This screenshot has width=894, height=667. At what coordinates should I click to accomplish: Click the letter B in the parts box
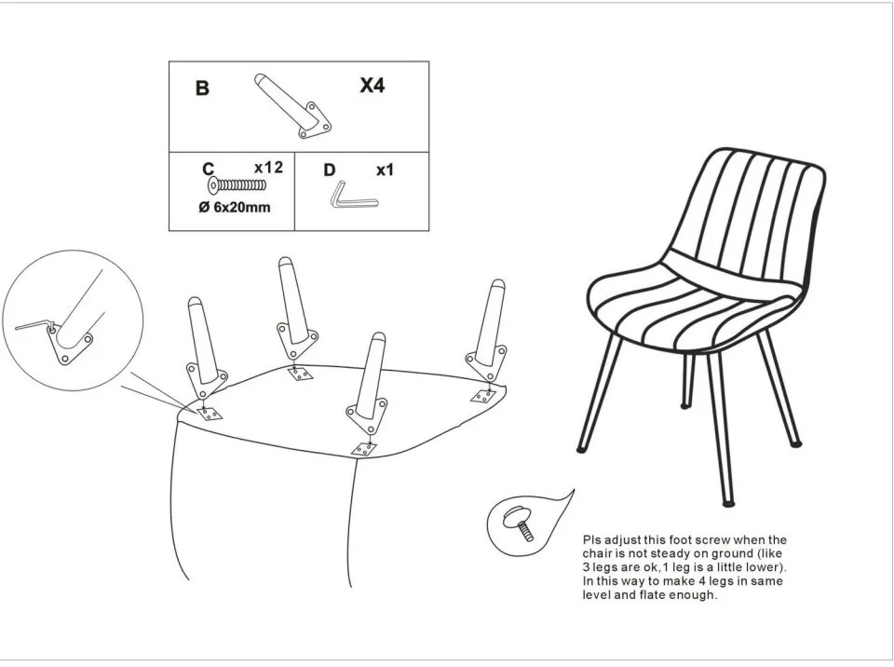click(x=202, y=88)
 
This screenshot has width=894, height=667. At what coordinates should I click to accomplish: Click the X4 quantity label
click(x=372, y=86)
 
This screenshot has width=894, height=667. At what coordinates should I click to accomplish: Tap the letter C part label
click(x=208, y=169)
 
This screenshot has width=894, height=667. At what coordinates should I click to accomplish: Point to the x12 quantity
click(x=268, y=167)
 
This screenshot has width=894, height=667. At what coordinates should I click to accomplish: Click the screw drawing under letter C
click(x=237, y=185)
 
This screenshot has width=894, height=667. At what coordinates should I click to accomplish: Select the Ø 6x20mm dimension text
click(x=235, y=207)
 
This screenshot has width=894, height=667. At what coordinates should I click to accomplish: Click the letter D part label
click(x=330, y=170)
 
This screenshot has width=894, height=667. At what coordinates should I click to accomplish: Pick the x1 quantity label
click(x=385, y=170)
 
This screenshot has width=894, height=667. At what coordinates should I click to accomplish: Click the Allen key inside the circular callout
click(x=35, y=325)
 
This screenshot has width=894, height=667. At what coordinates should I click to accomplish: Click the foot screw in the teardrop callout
click(x=519, y=523)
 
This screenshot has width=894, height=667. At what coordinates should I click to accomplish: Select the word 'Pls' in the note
click(x=592, y=539)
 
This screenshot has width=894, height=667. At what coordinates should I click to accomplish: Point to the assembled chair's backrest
click(x=748, y=217)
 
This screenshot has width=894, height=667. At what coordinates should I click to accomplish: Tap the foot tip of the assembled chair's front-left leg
click(x=581, y=450)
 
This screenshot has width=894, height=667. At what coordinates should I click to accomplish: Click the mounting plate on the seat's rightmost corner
click(x=482, y=395)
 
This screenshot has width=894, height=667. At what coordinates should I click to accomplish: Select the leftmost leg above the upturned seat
click(x=204, y=348)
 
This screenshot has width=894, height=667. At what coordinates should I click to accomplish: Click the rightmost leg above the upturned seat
click(x=489, y=330)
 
